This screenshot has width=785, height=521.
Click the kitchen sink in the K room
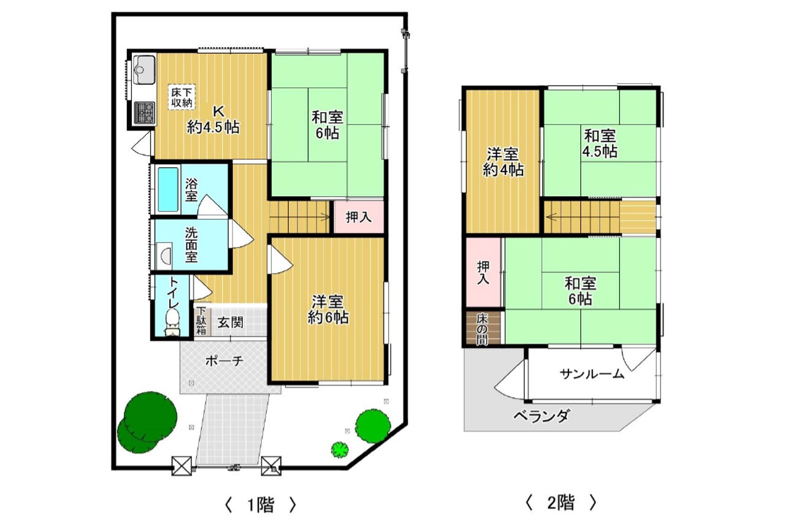(144, 70)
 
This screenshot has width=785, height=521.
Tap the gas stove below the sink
(144, 113)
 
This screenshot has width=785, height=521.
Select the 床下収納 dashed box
(181, 97)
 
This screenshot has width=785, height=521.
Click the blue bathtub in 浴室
(168, 189)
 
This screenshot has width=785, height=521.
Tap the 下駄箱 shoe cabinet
(202, 321)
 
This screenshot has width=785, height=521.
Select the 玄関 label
(230, 322)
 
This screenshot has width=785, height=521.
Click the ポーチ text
(224, 360)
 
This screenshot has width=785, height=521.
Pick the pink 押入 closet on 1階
(359, 217)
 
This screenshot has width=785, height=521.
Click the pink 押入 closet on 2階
(483, 272)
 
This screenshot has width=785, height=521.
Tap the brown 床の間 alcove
(483, 328)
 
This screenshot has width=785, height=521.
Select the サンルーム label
(592, 375)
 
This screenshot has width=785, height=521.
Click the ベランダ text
(542, 416)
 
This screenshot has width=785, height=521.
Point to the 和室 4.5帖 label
(600, 143)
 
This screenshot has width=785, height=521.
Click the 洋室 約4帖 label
(503, 162)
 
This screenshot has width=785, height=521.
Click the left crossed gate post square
(182, 466)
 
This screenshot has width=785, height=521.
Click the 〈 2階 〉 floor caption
(561, 503)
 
